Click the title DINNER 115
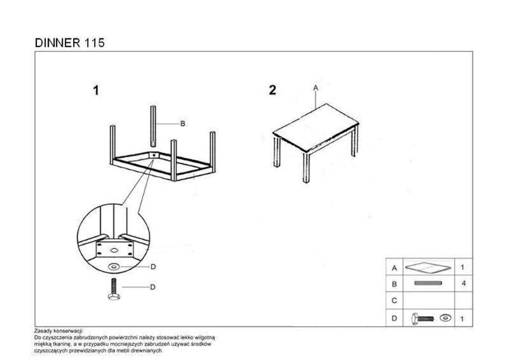pos(69,43)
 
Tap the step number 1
pos(96,90)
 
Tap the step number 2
pos(272,90)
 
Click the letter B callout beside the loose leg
pos(183,123)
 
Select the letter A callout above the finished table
pos(316,88)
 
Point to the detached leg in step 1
pos(153,126)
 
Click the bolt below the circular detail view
pos(114,289)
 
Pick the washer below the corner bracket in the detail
pos(114,267)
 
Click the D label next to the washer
pos(153,267)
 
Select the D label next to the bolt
pos(153,287)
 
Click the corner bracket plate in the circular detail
pos(115,249)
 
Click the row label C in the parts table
pos(394,301)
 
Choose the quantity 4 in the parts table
pos(464,284)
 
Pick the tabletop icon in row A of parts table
pos(428,268)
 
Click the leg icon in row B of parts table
pos(428,283)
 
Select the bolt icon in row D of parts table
pos(422,319)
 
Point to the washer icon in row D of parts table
pos(445,318)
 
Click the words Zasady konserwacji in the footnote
pos(59,331)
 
